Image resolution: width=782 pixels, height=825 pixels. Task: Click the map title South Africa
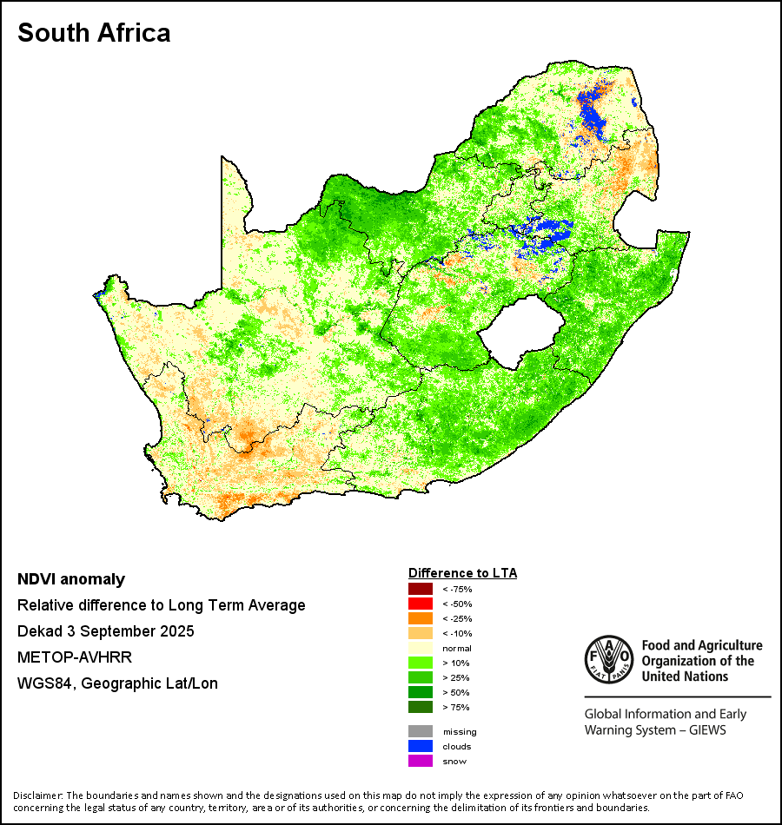(x=94, y=34)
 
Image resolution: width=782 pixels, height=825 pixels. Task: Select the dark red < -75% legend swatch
(x=420, y=590)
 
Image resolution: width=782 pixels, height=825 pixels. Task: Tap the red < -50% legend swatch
(x=420, y=604)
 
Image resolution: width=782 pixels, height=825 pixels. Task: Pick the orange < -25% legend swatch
(x=420, y=618)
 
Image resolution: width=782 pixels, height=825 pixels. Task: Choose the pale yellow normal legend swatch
(x=420, y=648)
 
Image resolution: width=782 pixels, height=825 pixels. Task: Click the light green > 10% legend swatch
(x=420, y=663)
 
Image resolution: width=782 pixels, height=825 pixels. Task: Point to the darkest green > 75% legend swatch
(x=420, y=707)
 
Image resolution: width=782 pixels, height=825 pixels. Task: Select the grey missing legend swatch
(x=420, y=731)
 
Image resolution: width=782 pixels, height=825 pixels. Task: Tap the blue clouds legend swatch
(x=420, y=746)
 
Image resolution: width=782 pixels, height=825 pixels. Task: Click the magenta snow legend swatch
(x=420, y=761)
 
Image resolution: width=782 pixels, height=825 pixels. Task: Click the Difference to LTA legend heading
(x=462, y=573)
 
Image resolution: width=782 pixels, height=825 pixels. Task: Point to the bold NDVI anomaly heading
(x=71, y=579)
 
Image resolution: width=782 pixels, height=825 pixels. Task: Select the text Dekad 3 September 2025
(x=105, y=631)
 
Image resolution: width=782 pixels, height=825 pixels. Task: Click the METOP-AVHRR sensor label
(x=74, y=657)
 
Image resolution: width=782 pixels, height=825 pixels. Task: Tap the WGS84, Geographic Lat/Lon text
(x=117, y=683)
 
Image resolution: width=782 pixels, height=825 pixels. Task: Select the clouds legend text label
(x=457, y=747)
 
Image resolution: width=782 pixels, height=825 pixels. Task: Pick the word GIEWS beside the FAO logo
(x=706, y=730)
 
